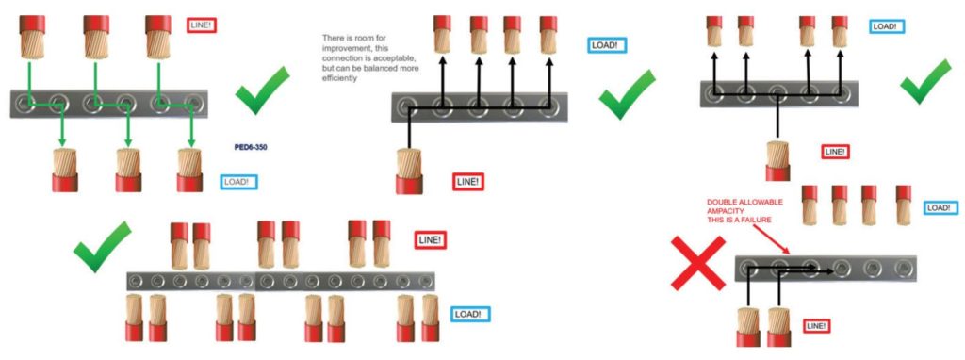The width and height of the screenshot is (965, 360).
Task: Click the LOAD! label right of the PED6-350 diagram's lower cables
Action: [239, 182]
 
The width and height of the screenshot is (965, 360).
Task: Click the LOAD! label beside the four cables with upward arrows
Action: [608, 44]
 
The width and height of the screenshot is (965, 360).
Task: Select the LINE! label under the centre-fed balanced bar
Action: [835, 151]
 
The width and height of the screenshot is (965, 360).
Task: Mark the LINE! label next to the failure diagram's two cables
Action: [816, 325]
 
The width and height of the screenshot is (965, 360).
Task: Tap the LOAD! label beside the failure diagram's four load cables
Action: [938, 208]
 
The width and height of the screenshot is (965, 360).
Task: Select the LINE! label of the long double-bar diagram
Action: [430, 240]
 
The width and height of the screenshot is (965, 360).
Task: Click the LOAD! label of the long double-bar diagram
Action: [471, 314]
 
